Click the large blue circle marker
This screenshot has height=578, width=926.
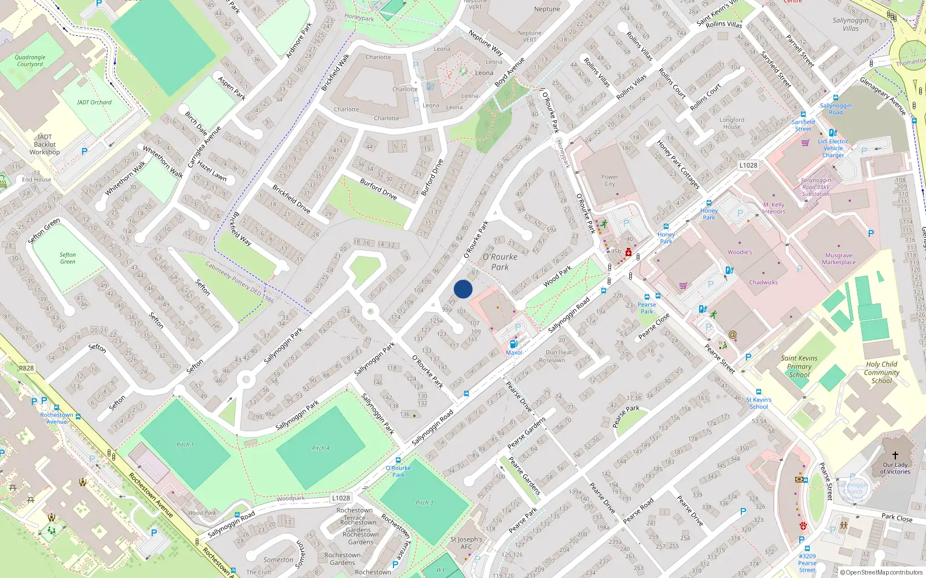463,289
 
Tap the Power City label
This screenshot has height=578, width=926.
609,180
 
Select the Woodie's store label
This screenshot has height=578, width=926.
740,252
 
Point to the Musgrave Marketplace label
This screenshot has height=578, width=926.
839,259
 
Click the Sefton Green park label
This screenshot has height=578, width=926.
68,258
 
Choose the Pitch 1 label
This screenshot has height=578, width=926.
185,444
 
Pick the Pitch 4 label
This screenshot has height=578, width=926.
321,448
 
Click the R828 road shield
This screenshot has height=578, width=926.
27,368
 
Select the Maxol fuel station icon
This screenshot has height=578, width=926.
513,344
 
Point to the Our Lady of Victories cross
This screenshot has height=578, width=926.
895,455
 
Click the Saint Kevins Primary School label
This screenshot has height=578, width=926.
799,366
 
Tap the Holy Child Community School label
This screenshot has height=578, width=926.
881,372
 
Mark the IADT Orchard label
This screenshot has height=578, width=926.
94,102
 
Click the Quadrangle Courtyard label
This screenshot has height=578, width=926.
30,61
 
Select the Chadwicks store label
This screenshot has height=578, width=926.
763,283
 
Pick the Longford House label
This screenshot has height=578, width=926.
732,123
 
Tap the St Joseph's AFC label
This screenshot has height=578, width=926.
466,543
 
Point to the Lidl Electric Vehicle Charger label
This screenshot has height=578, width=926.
833,148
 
